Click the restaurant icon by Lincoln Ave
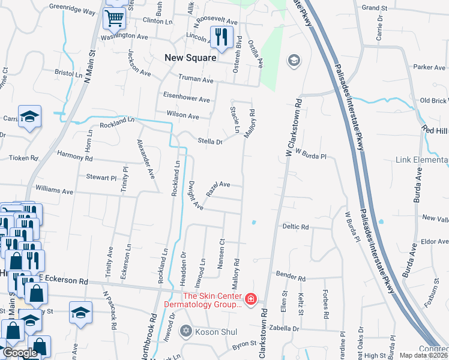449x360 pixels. tap(221, 37)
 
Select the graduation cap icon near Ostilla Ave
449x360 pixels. tap(294, 60)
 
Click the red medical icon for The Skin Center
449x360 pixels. tap(250, 299)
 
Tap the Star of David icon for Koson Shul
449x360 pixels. tap(186, 331)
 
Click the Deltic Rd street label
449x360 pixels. tap(296, 227)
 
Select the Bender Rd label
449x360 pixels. tap(291, 278)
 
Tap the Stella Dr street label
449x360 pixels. tap(211, 142)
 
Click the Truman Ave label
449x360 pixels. tap(196, 79)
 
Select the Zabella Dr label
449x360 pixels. tap(284, 328)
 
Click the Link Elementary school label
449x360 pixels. tap(422, 161)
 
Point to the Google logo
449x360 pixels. tap(20, 353)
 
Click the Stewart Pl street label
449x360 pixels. tap(100, 178)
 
